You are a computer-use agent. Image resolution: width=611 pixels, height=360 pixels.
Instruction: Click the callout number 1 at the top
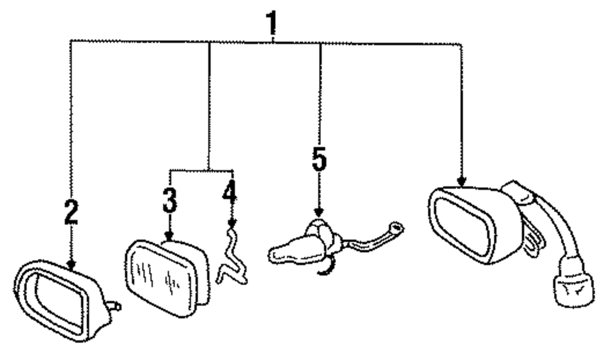pos(271,23)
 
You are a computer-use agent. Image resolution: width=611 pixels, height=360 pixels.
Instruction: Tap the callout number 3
pos(169,200)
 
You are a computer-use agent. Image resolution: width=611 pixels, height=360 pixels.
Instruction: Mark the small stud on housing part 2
pos(114,304)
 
